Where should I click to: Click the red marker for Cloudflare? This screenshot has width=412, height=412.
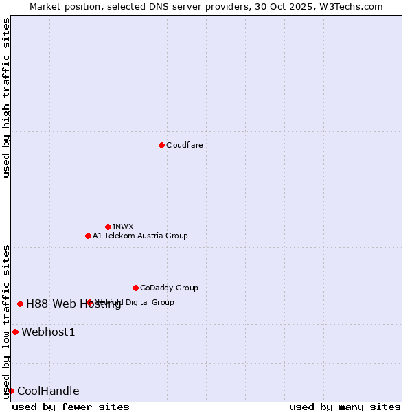tap(161, 145)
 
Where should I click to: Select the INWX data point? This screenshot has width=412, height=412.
tap(108, 227)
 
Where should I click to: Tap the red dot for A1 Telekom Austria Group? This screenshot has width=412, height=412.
tap(88, 236)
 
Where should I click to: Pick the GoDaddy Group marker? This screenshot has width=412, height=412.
tap(135, 288)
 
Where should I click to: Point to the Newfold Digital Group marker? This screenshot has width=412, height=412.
tap(89, 302)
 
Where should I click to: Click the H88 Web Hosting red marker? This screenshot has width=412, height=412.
tap(20, 304)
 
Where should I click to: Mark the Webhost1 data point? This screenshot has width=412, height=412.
tap(15, 332)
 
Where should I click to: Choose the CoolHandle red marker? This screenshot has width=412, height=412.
tap(11, 391)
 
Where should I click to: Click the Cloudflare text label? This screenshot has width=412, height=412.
tap(184, 145)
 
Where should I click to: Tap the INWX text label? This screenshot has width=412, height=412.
tap(123, 227)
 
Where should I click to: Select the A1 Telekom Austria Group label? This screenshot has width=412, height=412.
tap(140, 236)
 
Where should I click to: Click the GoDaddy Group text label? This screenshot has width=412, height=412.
tap(169, 288)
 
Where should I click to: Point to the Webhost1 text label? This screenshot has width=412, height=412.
tap(48, 332)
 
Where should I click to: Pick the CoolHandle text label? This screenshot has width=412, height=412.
tap(48, 391)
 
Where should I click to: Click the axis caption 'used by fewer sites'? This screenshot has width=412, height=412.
tap(71, 407)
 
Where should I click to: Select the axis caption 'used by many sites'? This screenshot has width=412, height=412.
tap(345, 407)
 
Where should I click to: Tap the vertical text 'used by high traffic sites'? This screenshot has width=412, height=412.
tap(6, 98)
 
